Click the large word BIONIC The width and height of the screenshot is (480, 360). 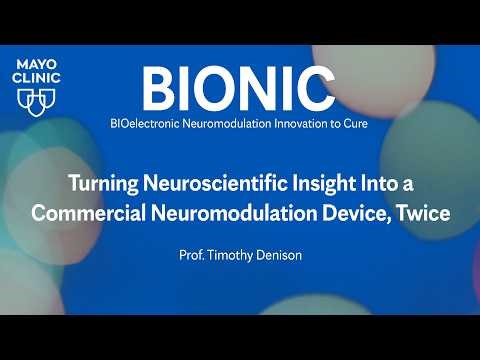click(x=237, y=89)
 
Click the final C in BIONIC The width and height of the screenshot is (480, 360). click(x=315, y=89)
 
